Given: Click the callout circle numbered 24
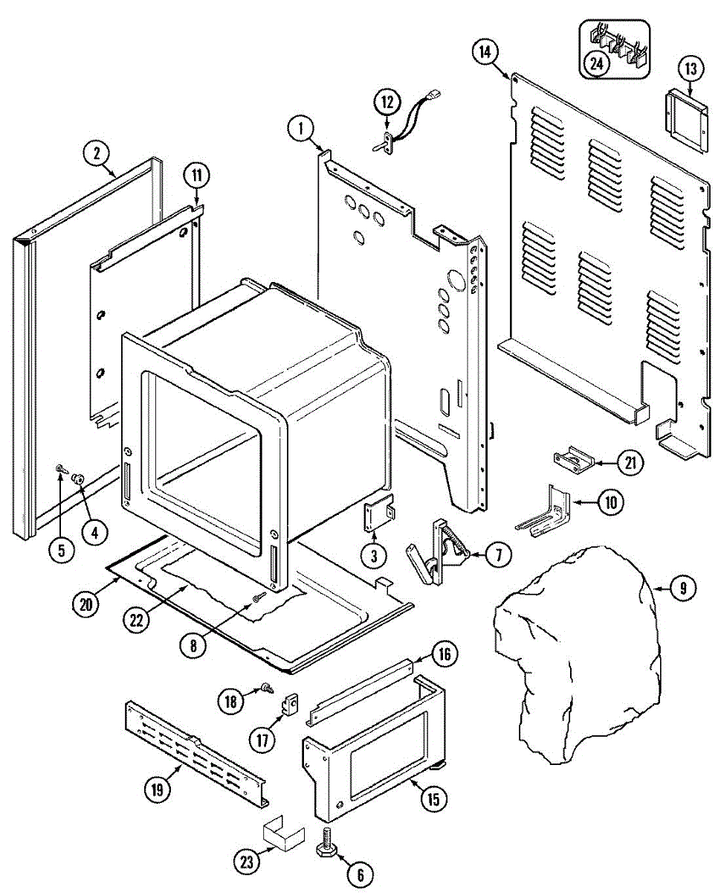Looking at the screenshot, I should point(596,63).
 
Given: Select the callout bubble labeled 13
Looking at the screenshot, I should point(690,69).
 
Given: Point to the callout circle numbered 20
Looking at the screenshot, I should point(86,604).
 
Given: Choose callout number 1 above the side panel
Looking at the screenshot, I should point(301,128).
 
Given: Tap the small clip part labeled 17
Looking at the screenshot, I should point(291,702).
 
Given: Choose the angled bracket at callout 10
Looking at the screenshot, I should point(546,511).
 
